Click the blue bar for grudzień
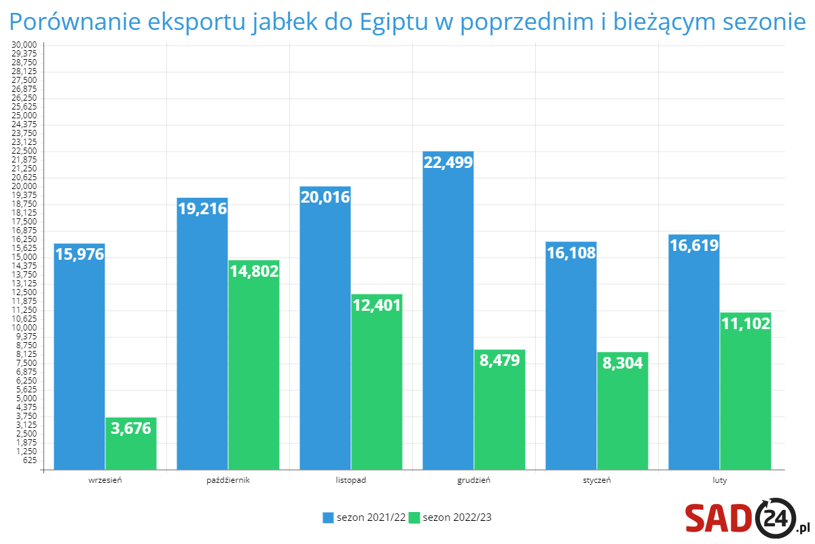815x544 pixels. pyautogui.click(x=448, y=313)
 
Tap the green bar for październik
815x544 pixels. pyautogui.click(x=254, y=367)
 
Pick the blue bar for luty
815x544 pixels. pyautogui.click(x=694, y=354)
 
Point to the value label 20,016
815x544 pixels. pyautogui.click(x=325, y=197)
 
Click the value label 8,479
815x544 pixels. pyautogui.click(x=499, y=360)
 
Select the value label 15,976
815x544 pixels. pyautogui.click(x=79, y=254)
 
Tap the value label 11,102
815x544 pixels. pyautogui.click(x=746, y=324)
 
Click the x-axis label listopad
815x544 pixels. pyautogui.click(x=351, y=480)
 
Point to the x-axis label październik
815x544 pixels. pyautogui.click(x=228, y=480)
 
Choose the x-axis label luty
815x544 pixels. pyautogui.click(x=720, y=480)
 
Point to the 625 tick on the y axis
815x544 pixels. pyautogui.click(x=29, y=460)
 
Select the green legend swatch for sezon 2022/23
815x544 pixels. pyautogui.click(x=415, y=517)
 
